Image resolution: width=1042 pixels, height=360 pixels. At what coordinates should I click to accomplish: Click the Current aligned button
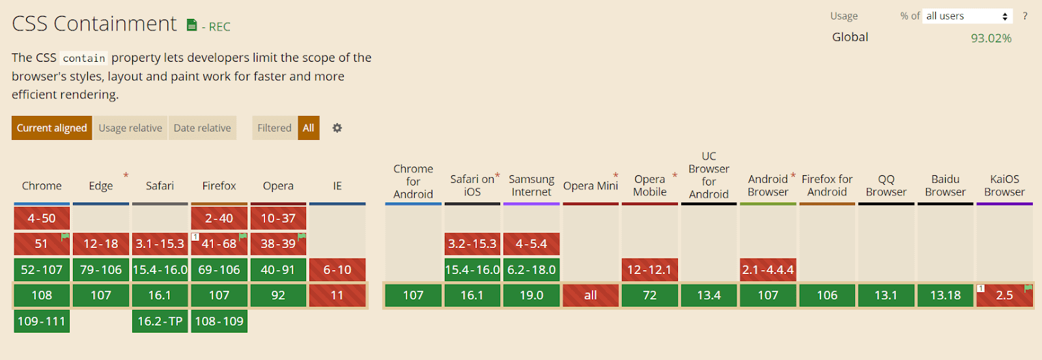(51, 128)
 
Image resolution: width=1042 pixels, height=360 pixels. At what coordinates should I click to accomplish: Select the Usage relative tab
(130, 128)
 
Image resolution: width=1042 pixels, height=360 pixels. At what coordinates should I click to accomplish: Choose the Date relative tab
(202, 128)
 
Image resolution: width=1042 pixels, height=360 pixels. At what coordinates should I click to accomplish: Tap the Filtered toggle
(274, 128)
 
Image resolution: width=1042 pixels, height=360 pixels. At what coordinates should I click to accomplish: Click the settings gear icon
(337, 128)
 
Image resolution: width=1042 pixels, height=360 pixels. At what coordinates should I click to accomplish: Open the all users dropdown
(967, 16)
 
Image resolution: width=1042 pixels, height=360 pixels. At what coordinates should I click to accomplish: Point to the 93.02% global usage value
(991, 38)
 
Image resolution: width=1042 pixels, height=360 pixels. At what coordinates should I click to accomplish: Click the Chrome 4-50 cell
(42, 218)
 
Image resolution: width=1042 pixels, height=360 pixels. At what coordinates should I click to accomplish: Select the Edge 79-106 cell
(101, 270)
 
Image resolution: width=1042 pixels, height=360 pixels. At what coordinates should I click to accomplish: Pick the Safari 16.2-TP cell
(160, 321)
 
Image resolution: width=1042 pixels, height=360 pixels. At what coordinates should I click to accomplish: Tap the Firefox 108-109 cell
(219, 321)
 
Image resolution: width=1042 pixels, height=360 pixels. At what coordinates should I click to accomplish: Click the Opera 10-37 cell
(278, 218)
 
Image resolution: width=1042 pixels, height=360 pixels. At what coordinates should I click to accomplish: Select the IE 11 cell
(337, 296)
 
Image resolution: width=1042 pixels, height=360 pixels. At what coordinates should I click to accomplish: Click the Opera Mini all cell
(591, 296)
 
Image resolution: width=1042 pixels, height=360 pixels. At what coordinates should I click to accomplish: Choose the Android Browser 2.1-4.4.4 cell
(768, 270)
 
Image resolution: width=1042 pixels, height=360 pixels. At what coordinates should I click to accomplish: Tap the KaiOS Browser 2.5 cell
(1004, 296)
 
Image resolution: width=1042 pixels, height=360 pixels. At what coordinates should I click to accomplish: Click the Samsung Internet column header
(531, 186)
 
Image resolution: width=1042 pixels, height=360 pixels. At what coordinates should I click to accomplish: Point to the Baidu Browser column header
(945, 186)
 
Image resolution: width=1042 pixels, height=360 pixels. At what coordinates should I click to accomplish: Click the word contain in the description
(84, 59)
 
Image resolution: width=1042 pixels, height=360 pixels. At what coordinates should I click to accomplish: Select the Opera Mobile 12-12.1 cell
(649, 270)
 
